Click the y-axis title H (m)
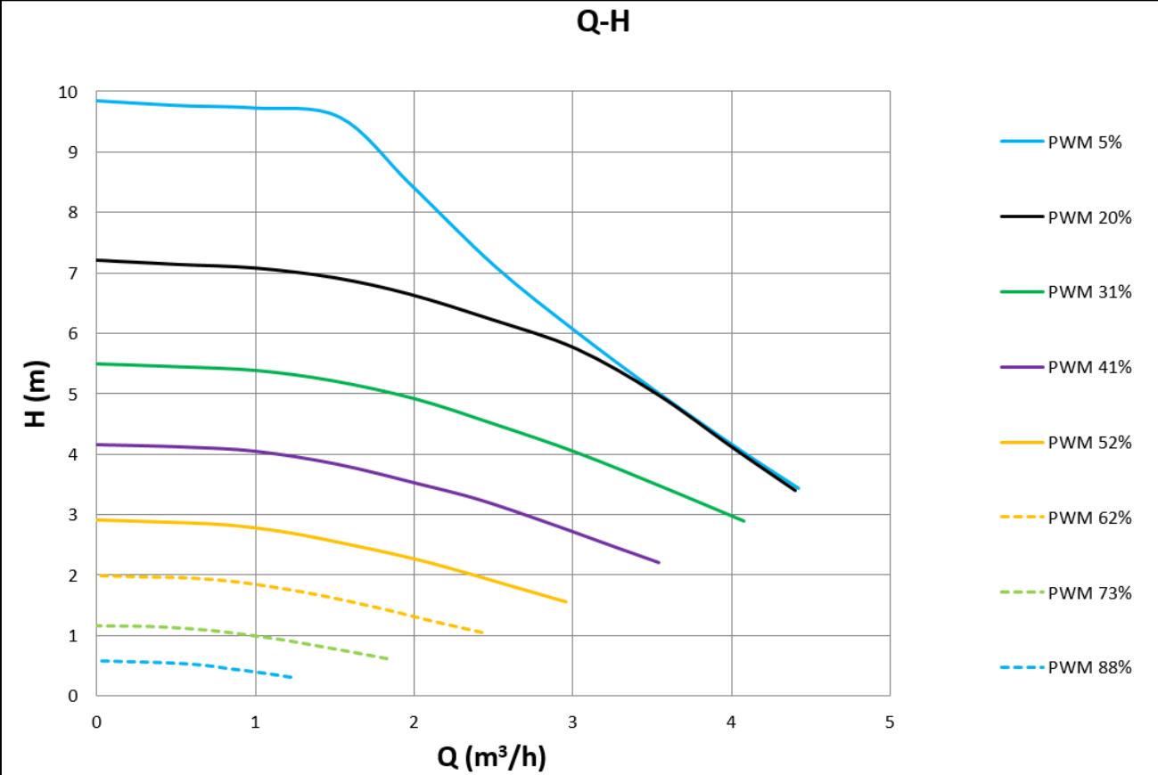(36, 394)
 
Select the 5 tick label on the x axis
(890, 722)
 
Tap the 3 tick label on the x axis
(572, 722)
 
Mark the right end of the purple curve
(659, 562)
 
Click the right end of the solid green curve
(743, 520)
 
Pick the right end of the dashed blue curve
(292, 678)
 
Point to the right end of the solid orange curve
(566, 602)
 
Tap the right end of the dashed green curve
(388, 659)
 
